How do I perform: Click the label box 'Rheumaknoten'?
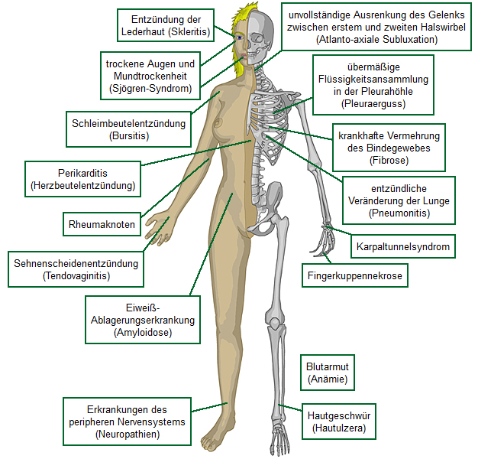[102, 225]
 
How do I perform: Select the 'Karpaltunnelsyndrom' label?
[403, 247]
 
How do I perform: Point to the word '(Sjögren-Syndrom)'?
[150, 89]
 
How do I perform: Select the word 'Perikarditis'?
[82, 173]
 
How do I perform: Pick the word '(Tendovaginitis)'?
[76, 275]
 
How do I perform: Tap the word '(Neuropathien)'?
[128, 434]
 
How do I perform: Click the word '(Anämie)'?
[327, 379]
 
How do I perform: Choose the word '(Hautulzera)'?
[339, 428]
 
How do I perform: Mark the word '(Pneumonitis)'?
[398, 213]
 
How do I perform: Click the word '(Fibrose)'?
[389, 161]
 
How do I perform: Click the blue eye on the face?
[239, 36]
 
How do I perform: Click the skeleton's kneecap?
[273, 316]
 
